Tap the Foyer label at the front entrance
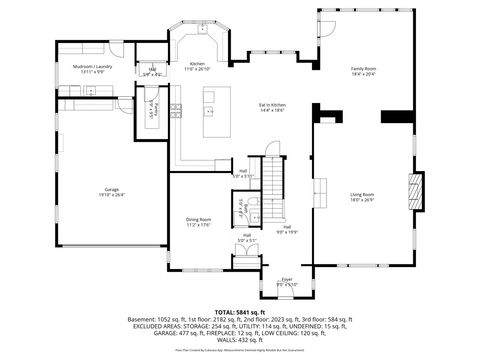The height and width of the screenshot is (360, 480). (286, 280)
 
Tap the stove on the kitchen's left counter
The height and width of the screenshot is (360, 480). (175, 109)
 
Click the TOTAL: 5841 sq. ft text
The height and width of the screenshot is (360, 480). (239, 312)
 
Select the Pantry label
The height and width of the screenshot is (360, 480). (154, 108)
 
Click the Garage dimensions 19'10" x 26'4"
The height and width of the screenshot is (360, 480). (111, 195)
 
